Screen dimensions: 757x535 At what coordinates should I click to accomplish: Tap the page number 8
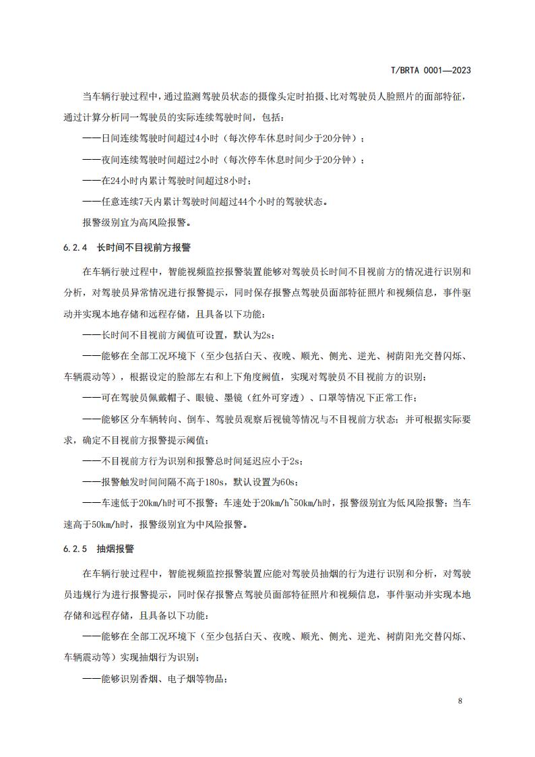pos(460,700)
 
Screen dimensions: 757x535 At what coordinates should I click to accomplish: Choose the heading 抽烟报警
pos(115,549)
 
